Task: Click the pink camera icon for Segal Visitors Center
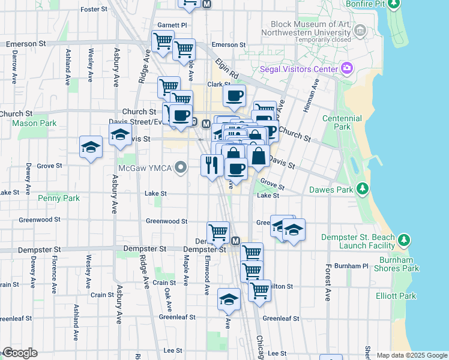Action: point(346,68)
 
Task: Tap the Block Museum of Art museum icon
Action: point(361,29)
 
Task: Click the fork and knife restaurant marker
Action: point(211,164)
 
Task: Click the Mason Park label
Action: point(34,124)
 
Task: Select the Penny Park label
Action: point(58,197)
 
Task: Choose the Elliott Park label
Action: point(398,296)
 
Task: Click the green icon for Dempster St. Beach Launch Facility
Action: point(404,241)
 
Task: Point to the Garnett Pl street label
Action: point(172,25)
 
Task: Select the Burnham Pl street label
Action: point(352,265)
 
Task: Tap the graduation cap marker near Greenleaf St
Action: point(229,299)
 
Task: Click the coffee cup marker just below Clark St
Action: point(234,95)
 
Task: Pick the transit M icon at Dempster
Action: point(235,241)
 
